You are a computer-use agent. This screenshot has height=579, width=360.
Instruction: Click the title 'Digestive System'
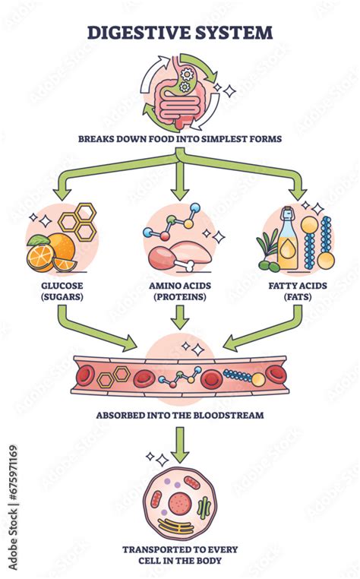tap(180, 32)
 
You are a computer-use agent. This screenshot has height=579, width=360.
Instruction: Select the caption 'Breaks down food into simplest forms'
tap(180, 139)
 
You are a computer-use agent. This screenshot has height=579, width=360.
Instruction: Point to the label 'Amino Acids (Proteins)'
tap(180, 291)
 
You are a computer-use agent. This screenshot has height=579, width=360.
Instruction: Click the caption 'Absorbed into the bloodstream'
tap(180, 416)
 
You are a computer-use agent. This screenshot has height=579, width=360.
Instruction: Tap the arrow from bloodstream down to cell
tap(180, 445)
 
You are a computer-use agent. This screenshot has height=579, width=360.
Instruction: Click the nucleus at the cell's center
tap(180, 502)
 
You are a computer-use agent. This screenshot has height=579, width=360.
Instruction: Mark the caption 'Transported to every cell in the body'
tap(180, 556)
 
